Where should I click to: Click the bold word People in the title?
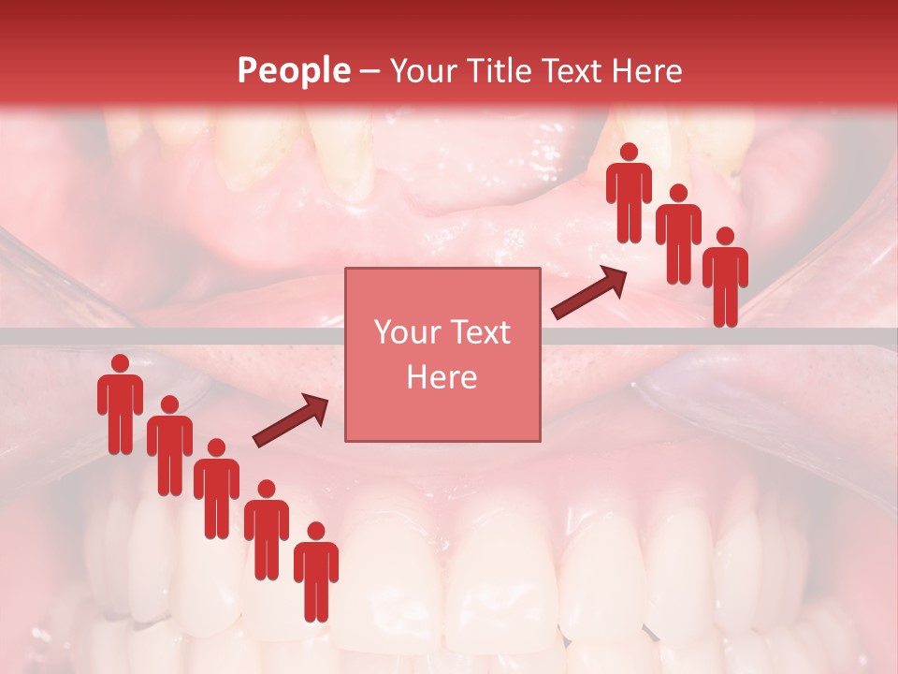point(293,70)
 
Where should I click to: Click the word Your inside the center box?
point(407,333)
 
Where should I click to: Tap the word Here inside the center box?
point(442,377)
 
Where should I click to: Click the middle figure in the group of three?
point(678,236)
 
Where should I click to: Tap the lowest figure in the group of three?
point(725,279)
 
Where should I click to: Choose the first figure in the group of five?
point(120,406)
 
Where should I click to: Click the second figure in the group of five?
point(169,447)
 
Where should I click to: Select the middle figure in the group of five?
point(216,491)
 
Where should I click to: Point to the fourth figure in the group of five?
point(267,532)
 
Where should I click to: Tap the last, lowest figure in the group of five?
point(316,574)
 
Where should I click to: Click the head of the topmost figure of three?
point(629,152)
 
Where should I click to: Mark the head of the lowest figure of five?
point(316,531)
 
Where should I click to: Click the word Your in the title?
point(417,70)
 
